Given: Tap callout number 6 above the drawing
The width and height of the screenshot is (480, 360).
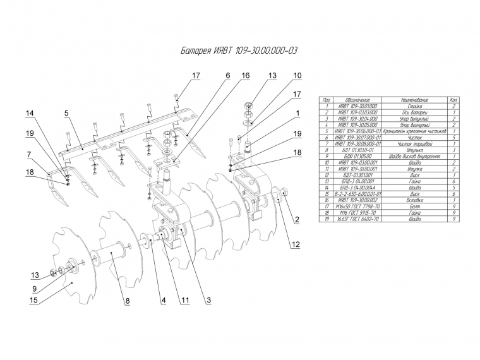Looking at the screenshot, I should click(x=227, y=75).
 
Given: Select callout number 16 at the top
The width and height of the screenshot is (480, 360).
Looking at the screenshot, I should click(x=245, y=75).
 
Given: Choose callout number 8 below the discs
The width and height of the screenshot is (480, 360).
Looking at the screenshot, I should click(x=127, y=301).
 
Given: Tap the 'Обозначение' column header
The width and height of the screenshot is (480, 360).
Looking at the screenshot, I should click(x=358, y=100).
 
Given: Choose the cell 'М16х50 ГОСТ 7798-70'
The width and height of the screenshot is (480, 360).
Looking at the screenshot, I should click(x=358, y=206).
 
